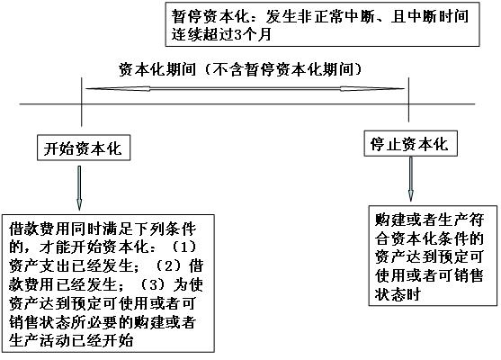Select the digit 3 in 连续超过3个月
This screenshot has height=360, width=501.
238,34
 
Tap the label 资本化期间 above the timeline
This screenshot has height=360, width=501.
157,69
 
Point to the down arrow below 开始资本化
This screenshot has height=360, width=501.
79,188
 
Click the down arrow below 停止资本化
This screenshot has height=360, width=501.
411,179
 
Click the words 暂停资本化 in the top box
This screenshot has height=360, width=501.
210,16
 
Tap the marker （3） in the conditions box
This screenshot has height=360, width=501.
154,284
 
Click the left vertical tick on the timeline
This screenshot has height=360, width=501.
82,102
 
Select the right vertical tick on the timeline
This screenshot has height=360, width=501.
409,98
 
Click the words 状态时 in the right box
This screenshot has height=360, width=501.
398,294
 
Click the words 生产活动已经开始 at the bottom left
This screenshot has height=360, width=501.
71,340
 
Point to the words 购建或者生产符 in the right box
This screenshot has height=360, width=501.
429,220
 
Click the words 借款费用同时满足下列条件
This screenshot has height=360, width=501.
103,229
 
